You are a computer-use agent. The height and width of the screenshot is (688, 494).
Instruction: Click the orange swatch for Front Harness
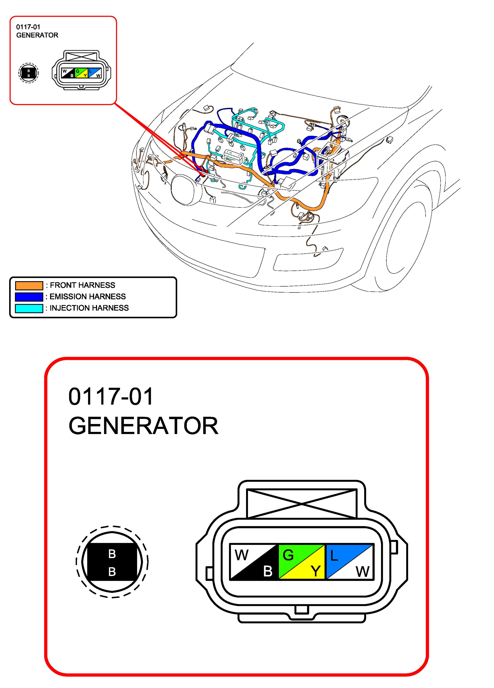pos(29,285)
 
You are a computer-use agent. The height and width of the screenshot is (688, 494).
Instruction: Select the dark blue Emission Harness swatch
pos(29,297)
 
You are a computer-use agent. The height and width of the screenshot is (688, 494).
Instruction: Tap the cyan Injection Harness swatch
pos(29,308)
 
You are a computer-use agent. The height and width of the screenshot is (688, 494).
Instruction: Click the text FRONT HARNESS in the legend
pos(83,285)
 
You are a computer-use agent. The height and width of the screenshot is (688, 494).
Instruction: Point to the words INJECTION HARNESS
pos(89,308)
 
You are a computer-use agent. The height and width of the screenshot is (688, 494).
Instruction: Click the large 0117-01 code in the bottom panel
pos(111,397)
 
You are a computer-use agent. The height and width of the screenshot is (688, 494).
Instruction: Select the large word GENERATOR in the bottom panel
pos(144,426)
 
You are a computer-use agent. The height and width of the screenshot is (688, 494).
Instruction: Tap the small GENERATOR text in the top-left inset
pos(37,35)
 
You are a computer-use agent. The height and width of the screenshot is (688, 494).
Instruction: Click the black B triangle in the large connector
pos(262,569)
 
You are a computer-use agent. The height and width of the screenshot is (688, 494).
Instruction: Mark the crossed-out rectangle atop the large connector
pos(302,503)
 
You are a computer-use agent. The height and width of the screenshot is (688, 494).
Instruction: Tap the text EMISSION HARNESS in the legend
pos(88,296)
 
